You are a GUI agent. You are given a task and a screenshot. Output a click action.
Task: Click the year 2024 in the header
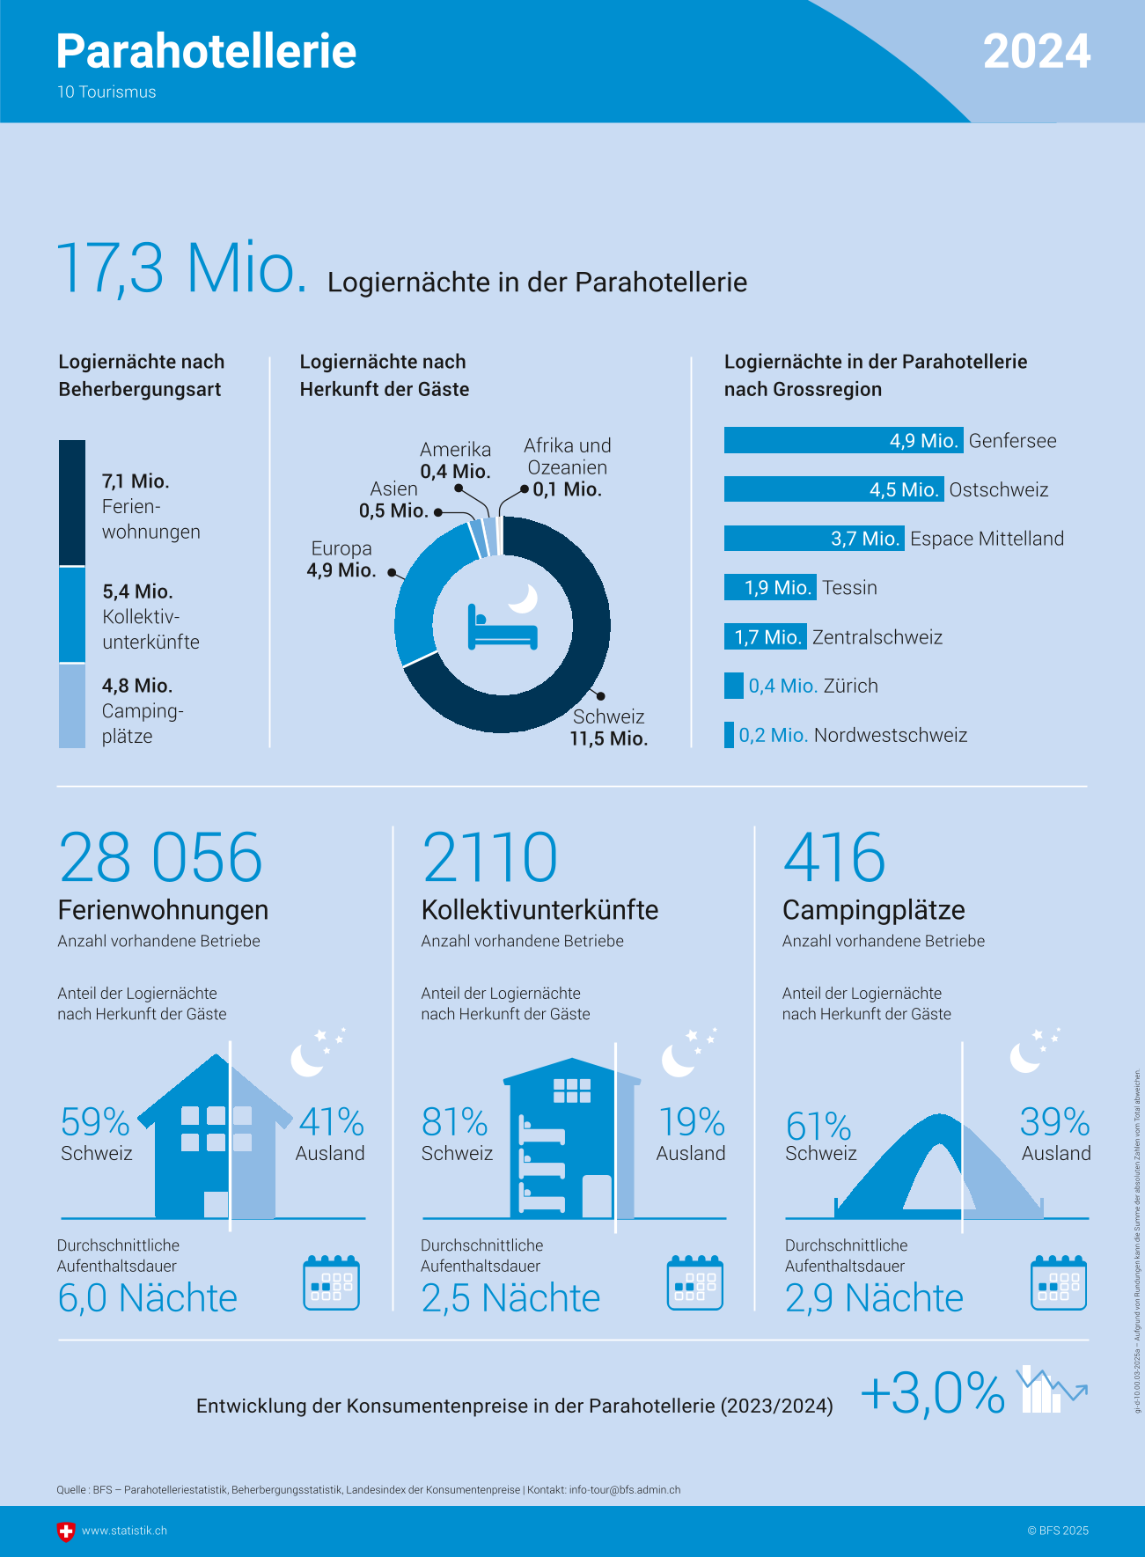(x=1037, y=52)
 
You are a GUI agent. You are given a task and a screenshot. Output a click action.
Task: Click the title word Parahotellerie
(x=206, y=52)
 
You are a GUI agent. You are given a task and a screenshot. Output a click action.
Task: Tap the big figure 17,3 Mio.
(x=181, y=268)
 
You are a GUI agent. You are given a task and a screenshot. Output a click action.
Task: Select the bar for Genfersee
(x=842, y=440)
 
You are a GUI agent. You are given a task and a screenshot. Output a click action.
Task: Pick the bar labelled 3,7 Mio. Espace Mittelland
(x=813, y=538)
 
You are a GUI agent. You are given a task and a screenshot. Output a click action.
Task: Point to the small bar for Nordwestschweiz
(x=729, y=735)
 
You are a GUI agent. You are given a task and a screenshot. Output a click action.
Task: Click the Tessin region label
(x=849, y=588)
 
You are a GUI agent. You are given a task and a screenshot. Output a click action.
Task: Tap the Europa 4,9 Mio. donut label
(x=341, y=560)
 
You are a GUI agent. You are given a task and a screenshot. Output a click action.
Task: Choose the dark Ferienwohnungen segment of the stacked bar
(x=72, y=502)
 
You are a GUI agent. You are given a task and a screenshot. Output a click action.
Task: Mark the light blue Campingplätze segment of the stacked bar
(x=72, y=706)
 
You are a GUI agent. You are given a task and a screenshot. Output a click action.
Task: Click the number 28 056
(x=161, y=857)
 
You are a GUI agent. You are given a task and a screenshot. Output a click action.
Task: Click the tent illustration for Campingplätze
(x=937, y=1171)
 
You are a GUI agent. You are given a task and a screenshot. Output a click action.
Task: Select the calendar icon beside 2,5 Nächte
(x=694, y=1283)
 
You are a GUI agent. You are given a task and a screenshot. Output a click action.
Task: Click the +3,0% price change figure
(x=933, y=1393)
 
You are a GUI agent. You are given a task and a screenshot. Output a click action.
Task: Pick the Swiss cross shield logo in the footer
(x=66, y=1531)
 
